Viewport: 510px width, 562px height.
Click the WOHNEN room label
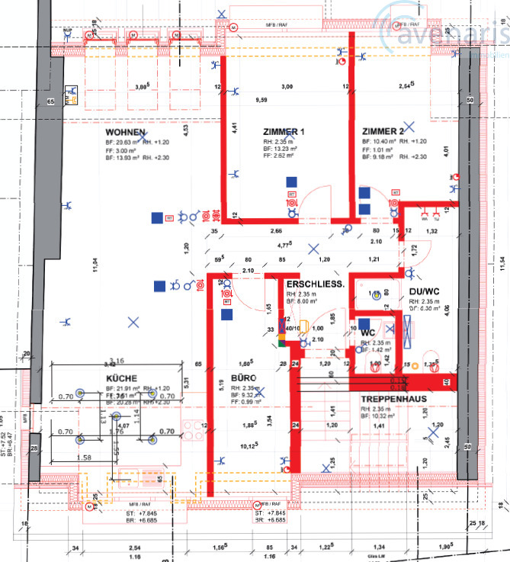[125, 132]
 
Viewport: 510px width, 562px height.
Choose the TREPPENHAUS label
[393, 399]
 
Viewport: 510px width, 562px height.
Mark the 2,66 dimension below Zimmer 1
[275, 230]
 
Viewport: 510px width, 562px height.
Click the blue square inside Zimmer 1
[290, 181]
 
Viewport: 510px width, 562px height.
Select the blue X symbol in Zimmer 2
[410, 127]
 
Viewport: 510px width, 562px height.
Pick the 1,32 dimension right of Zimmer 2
[431, 230]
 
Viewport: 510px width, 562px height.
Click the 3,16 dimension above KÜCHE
[117, 361]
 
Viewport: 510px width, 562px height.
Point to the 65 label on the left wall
[51, 101]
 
